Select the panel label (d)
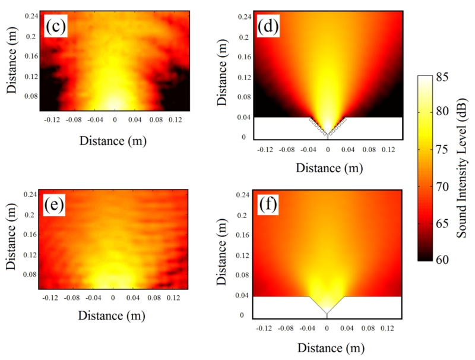point(270,26)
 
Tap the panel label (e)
point(55,205)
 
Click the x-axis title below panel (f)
point(327,347)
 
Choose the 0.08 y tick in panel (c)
point(30,95)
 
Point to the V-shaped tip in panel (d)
point(327,135)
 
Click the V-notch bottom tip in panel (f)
point(327,314)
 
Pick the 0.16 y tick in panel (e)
point(30,235)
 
